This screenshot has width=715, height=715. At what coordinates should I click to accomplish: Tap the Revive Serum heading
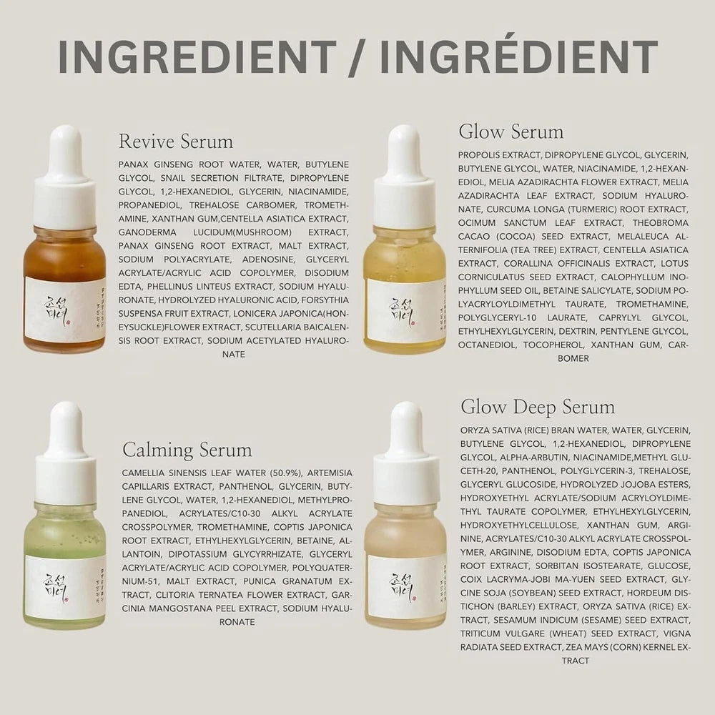click(176, 140)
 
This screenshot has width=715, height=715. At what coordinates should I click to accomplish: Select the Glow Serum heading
click(511, 132)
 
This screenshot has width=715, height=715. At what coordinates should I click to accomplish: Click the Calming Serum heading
click(187, 450)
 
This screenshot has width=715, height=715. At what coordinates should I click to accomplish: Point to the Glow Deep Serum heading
click(538, 408)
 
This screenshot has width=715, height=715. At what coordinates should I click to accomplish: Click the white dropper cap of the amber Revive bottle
click(65, 179)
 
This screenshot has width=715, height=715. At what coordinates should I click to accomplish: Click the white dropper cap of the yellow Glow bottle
click(405, 179)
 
